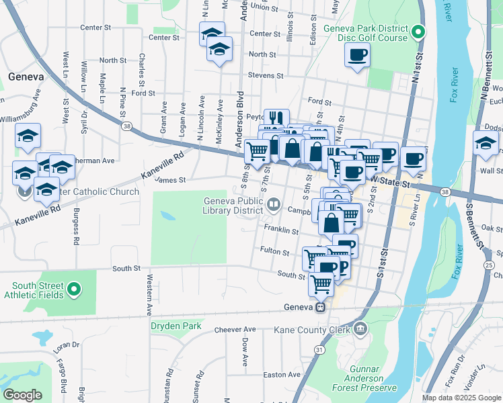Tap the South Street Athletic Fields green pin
click(74, 289)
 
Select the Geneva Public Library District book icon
click(274, 204)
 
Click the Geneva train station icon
click(321, 307)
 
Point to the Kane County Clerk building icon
click(360, 329)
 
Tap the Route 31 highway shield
click(319, 350)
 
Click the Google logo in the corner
click(23, 395)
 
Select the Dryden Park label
click(176, 326)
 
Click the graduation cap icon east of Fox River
click(486, 143)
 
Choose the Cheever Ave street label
click(235, 330)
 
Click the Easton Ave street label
click(282, 375)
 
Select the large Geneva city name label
click(26, 77)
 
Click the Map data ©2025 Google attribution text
click(461, 398)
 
